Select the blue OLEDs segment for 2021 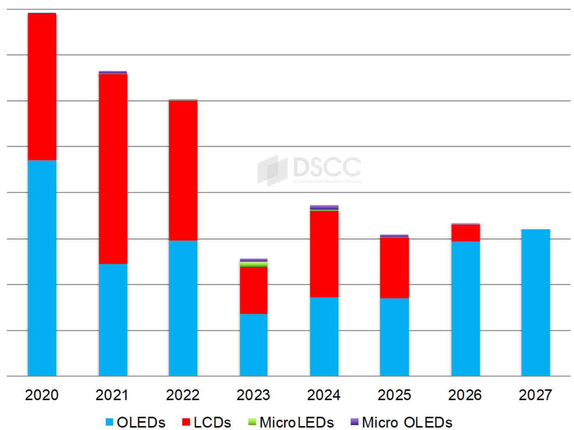113,319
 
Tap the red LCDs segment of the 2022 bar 183,170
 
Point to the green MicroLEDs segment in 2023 253,264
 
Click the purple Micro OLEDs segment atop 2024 324,207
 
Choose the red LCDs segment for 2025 394,268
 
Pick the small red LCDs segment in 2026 465,233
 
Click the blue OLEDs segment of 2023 253,345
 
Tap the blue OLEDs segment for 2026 465,308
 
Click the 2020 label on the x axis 42,395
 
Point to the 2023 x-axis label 253,395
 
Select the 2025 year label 394,395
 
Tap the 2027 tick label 535,395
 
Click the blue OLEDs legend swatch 109,422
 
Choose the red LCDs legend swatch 186,422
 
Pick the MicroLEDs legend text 296,422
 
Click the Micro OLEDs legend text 407,422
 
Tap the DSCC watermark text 327,167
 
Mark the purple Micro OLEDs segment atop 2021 113,72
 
